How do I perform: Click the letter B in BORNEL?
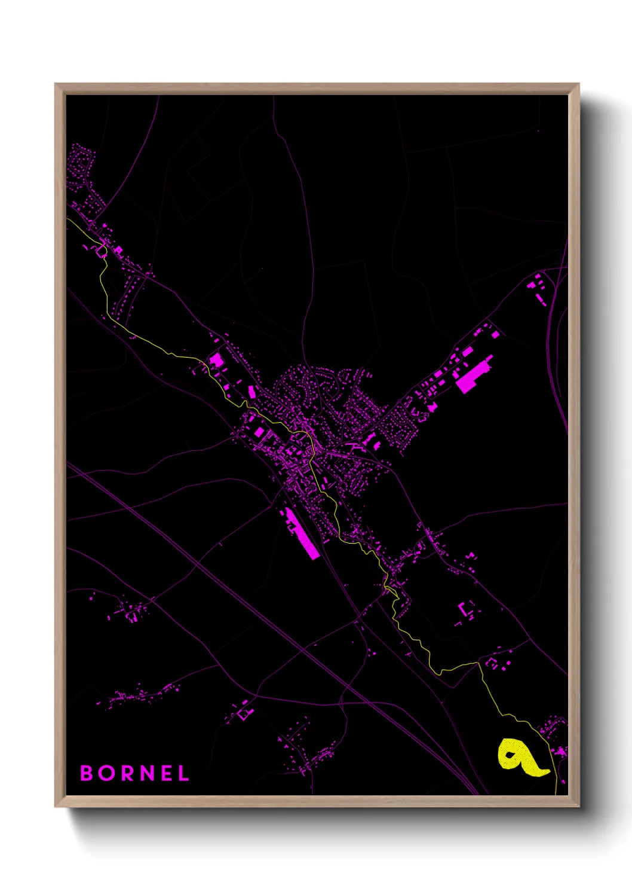pyautogui.click(x=87, y=773)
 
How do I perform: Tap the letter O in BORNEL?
pyautogui.click(x=108, y=773)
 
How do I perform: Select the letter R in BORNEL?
pyautogui.click(x=128, y=773)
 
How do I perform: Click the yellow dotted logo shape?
pyautogui.click(x=520, y=758)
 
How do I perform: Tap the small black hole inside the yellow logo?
pyautogui.click(x=510, y=754)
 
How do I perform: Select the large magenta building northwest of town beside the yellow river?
pyautogui.click(x=216, y=361)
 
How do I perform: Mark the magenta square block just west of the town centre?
pyautogui.click(x=259, y=432)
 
